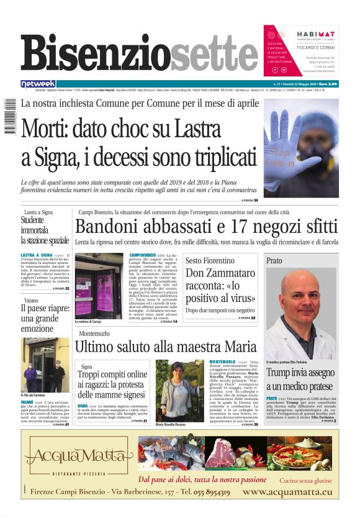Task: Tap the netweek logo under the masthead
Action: point(38,84)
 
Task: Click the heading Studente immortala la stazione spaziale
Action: point(44,230)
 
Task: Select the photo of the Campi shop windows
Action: point(99,285)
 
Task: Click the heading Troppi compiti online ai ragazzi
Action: point(112,384)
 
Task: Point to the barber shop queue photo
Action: point(45,365)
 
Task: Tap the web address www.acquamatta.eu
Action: point(287,492)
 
